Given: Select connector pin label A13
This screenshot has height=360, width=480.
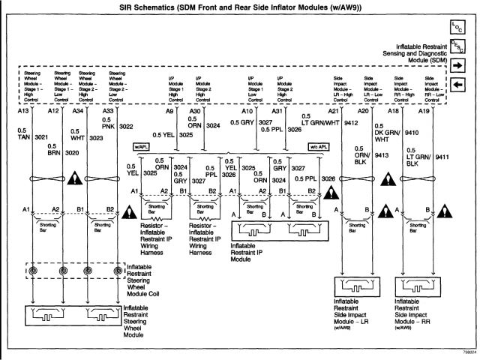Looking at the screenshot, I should (x=23, y=111).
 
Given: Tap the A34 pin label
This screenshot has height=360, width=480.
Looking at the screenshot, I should (x=77, y=111).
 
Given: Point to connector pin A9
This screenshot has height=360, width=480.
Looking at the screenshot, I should (x=169, y=111).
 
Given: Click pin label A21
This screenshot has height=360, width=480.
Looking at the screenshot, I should (x=334, y=111).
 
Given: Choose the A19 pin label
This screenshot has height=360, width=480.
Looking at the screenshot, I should (x=424, y=111).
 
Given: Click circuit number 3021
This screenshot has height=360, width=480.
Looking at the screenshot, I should (x=41, y=137).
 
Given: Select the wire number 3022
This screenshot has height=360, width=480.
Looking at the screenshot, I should (x=125, y=126).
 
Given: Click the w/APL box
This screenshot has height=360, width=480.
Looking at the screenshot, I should (x=140, y=146).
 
